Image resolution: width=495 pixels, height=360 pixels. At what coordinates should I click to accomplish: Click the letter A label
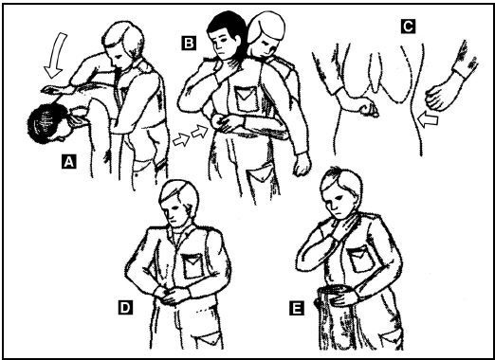[x=69, y=162]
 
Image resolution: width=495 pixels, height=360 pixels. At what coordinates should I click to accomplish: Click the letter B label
[x=189, y=43]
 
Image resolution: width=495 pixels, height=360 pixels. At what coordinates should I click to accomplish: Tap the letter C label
[x=408, y=27]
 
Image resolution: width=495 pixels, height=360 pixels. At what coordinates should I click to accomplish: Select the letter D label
[x=125, y=307]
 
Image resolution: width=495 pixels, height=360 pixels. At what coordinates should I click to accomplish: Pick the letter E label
[x=297, y=308]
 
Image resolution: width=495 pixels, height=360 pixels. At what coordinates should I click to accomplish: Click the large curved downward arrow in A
[x=56, y=54]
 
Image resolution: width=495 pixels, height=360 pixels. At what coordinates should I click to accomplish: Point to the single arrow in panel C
[x=428, y=119]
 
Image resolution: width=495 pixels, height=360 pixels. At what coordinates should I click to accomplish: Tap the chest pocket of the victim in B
[x=247, y=99]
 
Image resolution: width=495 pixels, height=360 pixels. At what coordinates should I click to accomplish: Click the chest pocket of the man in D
[x=193, y=265]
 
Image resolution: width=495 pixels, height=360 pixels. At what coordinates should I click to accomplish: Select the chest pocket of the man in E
[x=360, y=260]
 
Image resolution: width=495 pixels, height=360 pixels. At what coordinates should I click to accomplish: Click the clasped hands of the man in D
[x=172, y=295]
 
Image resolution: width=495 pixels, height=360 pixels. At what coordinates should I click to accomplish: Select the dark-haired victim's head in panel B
[x=226, y=35]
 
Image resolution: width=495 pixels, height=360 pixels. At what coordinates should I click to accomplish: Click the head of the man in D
[x=177, y=202]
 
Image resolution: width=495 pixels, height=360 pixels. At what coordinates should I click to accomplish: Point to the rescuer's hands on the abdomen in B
[x=226, y=124]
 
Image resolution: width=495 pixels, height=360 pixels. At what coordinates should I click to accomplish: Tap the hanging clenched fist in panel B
[x=302, y=164]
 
